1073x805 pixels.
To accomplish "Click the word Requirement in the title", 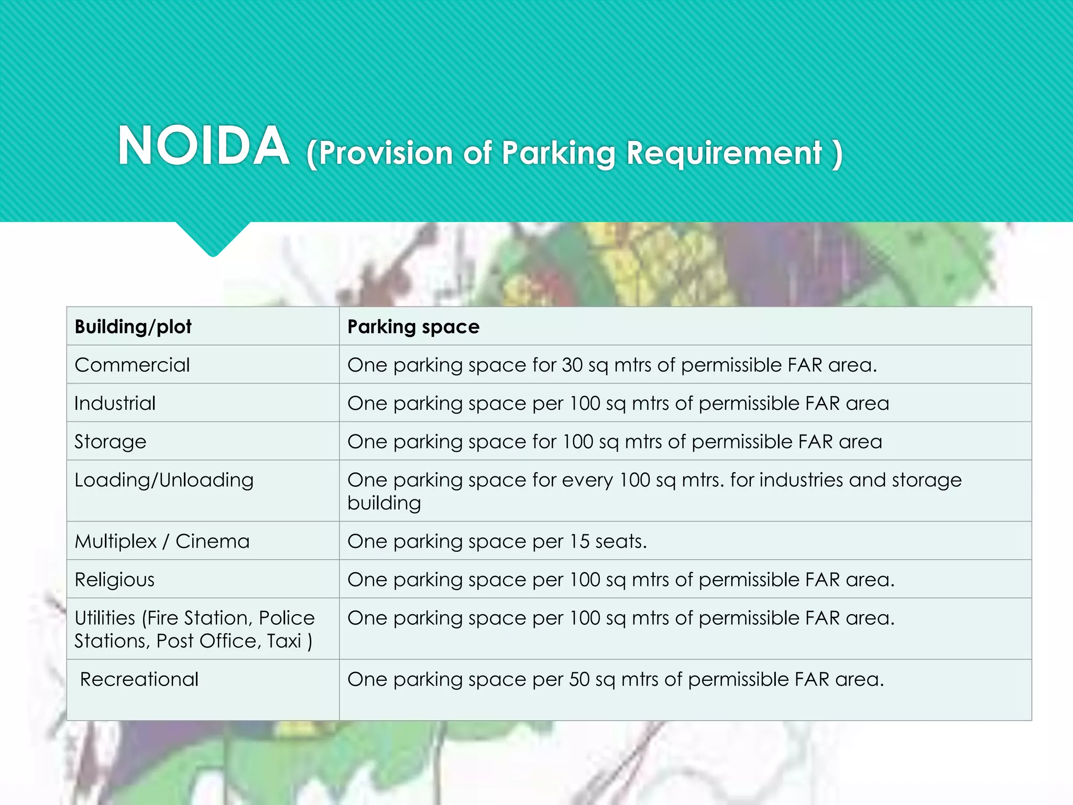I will (724, 153).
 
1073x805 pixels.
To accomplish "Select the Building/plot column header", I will (133, 327).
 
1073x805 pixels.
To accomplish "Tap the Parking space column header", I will (413, 327).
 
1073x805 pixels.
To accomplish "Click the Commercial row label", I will (132, 365).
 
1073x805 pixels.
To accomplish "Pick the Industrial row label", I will (115, 403).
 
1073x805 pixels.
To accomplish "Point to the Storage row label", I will (110, 442).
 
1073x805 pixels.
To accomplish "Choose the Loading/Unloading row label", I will (164, 480).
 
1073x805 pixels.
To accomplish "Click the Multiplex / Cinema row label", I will (162, 541).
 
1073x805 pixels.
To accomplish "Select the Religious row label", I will (114, 580).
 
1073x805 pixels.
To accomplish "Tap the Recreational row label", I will (139, 679).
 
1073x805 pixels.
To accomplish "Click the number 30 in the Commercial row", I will (572, 365).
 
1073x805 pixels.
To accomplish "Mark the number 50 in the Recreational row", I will (579, 679).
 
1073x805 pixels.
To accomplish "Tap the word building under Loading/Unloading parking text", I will (384, 503).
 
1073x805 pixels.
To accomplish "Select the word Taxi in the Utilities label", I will (284, 641).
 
